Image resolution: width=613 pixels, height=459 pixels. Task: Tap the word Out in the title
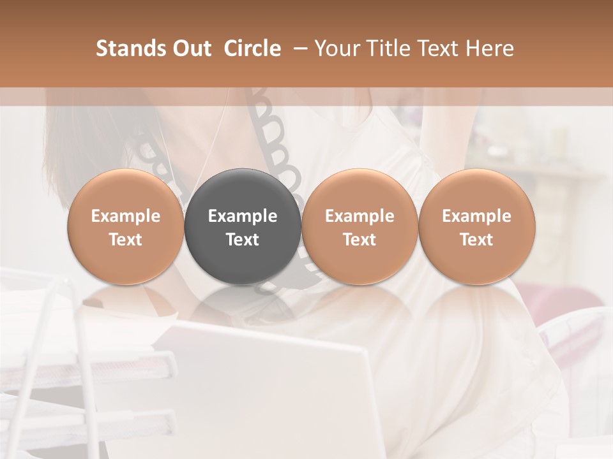191,48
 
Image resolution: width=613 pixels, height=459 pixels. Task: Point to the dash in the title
298,49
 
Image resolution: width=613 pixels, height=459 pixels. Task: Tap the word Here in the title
490,48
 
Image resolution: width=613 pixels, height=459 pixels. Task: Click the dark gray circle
243,227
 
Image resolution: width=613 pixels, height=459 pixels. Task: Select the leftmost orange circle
126,227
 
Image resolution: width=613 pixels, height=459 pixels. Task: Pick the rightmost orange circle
477,227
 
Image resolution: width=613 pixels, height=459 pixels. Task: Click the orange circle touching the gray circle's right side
359,227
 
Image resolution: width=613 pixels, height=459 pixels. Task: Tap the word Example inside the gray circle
243,216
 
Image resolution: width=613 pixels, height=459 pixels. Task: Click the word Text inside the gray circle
243,240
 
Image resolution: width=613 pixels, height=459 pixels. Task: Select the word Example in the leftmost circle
126,216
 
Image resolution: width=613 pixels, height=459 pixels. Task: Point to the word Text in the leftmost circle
126,240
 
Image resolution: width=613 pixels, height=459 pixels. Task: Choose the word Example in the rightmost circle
477,216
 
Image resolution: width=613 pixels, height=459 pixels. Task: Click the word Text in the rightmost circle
477,240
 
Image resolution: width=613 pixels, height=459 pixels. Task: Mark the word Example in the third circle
359,216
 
